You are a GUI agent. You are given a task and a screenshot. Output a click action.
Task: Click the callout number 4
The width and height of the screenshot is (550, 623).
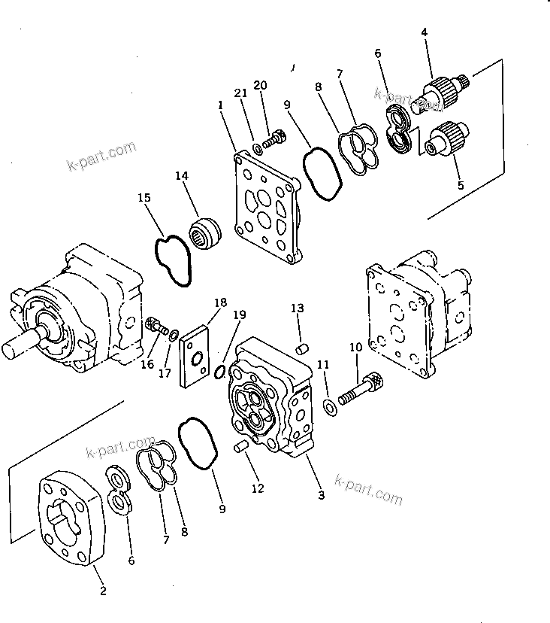424,32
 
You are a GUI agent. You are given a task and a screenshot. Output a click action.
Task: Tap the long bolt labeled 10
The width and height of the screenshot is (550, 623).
361,390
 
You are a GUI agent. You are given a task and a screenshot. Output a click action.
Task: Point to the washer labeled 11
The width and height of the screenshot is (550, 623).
330,407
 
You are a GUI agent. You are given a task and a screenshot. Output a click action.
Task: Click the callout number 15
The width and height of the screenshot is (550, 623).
144,198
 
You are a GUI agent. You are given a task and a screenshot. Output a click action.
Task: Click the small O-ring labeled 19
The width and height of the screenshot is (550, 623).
219,370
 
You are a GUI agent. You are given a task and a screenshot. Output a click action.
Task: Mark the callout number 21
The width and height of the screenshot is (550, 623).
240,93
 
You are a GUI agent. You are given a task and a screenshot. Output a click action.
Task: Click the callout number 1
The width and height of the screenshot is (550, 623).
220,106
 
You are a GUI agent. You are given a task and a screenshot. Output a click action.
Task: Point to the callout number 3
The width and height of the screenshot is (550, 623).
321,495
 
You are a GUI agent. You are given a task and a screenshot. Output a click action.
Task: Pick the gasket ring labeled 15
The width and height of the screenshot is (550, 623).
174,260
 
